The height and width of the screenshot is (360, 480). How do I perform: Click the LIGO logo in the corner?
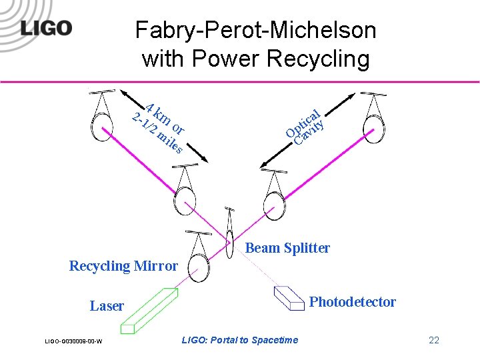[x=46, y=28]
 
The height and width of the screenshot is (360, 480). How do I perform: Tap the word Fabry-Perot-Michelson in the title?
[x=255, y=30]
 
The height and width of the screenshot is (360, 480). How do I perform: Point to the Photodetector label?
[x=352, y=302]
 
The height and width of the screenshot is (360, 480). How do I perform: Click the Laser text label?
[x=107, y=306]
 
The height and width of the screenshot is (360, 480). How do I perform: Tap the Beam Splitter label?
[x=287, y=248]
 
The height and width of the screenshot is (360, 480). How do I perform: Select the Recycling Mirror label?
[x=123, y=266]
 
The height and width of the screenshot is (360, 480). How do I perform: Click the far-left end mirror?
[x=102, y=126]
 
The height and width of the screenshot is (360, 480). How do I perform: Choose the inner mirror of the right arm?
[x=273, y=199]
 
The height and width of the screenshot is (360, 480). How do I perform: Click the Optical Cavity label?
[x=305, y=125]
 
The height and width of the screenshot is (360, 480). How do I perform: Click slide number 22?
[x=433, y=341]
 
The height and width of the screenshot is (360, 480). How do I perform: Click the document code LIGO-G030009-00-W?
[x=73, y=341]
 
